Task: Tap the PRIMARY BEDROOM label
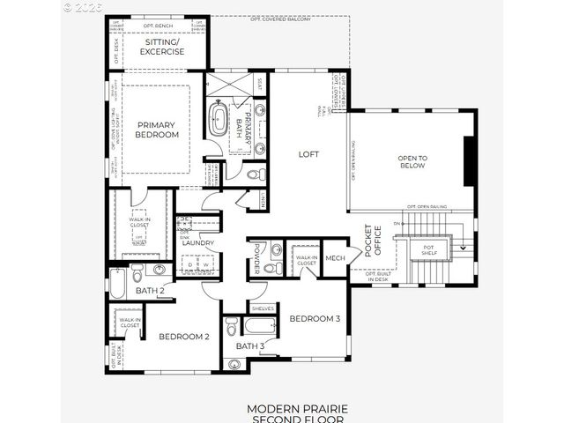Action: (x=157, y=130)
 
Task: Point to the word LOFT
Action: (x=308, y=153)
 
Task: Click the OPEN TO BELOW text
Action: (x=412, y=160)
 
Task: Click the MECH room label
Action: (x=334, y=257)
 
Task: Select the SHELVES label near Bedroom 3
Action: (x=263, y=308)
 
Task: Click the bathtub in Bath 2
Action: (x=119, y=283)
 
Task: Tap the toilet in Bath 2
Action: (x=160, y=270)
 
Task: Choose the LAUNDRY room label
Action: (x=199, y=242)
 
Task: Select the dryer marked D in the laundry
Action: (x=189, y=263)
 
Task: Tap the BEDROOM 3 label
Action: (x=315, y=318)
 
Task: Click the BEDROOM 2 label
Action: (x=183, y=336)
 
